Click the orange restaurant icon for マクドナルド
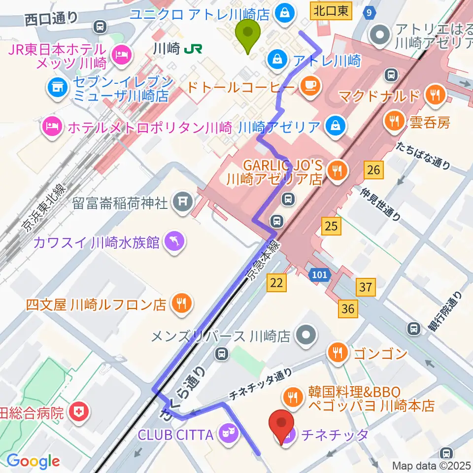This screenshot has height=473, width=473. tap(435, 94)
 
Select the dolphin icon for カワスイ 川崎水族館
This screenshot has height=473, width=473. tap(174, 241)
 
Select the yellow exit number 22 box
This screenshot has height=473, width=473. tap(276, 283)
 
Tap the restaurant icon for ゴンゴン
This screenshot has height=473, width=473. tap(338, 353)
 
